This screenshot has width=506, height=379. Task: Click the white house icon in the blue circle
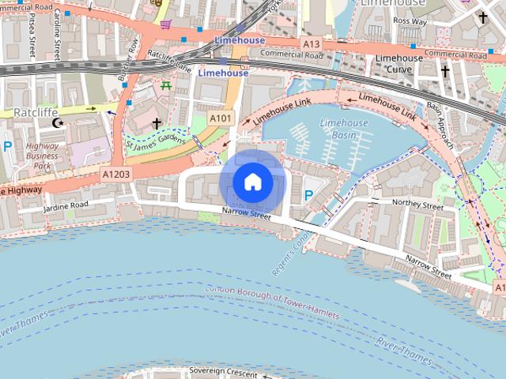pyautogui.click(x=252, y=182)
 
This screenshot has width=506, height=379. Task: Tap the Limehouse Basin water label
pyautogui.click(x=344, y=129)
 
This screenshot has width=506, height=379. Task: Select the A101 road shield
pyautogui.click(x=221, y=117)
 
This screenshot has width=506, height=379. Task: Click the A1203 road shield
pyautogui.click(x=115, y=173)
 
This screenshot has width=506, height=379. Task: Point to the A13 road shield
pyautogui.click(x=312, y=45)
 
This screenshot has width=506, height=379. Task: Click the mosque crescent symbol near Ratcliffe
pyautogui.click(x=57, y=122)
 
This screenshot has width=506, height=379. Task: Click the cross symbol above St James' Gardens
pyautogui.click(x=157, y=123)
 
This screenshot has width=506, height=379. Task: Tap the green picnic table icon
pyautogui.click(x=166, y=85)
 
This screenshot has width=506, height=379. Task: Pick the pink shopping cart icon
pyautogui.click(x=165, y=24)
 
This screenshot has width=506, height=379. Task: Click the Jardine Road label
pyautogui.click(x=67, y=205)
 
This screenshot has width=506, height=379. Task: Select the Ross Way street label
pyautogui.click(x=410, y=21)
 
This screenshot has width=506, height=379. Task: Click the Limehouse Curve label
pyautogui.click(x=398, y=63)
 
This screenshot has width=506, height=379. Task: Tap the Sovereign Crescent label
pyautogui.click(x=224, y=372)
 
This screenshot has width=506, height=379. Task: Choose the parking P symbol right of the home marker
pyautogui.click(x=308, y=193)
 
